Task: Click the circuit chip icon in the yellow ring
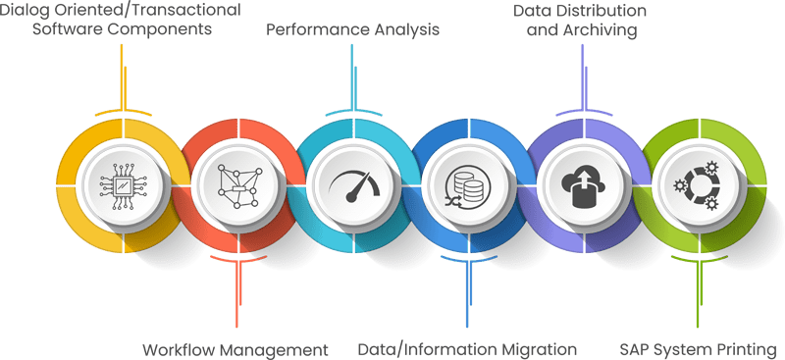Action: pos(123,183)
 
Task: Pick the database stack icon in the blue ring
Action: pos(466,183)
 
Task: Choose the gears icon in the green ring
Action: pos(697,183)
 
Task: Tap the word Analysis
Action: pos(404,29)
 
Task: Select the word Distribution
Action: pos(599,11)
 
